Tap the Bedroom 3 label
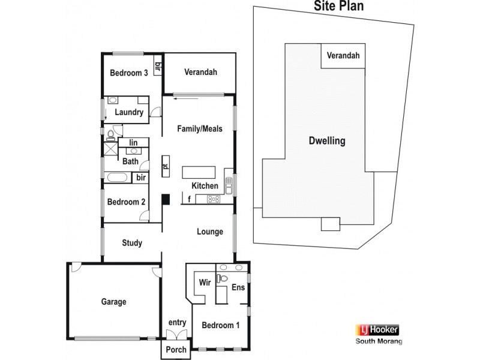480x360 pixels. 128,73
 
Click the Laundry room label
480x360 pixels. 129,112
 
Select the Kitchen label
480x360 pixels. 205,186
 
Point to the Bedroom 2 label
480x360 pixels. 126,202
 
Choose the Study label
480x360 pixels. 131,243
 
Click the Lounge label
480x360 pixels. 210,232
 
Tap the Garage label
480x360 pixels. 113,302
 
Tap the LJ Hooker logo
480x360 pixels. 378,329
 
